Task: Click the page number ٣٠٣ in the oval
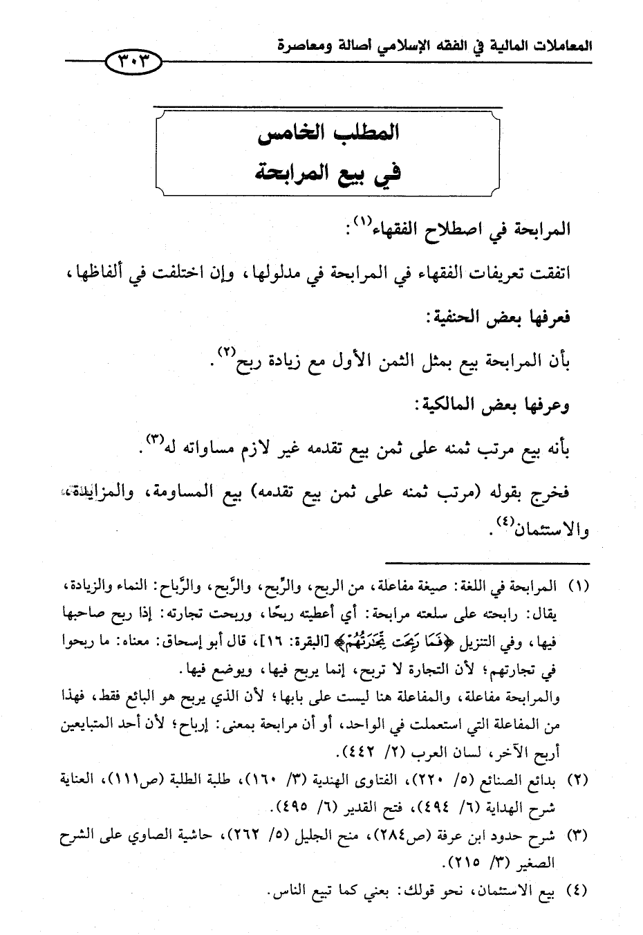pos(133,62)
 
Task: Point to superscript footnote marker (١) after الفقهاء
pos(362,223)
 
